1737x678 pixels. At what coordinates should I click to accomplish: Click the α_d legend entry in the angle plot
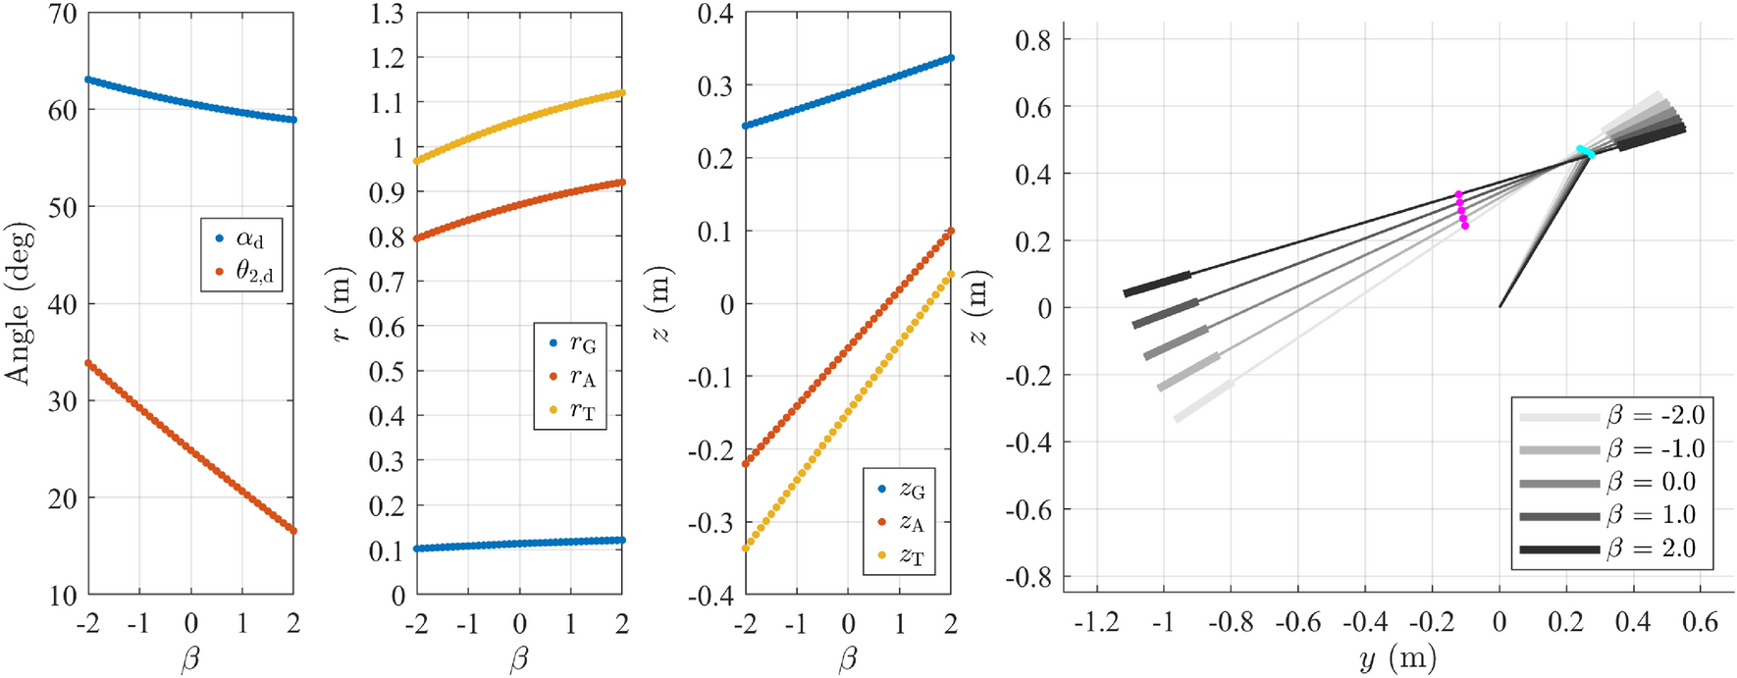[x=241, y=238]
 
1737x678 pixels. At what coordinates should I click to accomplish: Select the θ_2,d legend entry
[x=241, y=272]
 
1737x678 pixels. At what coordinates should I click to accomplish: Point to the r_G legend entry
[x=571, y=343]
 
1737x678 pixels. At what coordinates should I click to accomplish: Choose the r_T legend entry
[x=571, y=410]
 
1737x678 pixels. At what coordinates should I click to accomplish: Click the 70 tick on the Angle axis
[x=63, y=14]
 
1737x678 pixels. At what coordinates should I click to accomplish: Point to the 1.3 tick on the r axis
[x=387, y=14]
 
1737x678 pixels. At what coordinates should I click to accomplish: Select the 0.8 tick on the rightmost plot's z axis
[x=1032, y=40]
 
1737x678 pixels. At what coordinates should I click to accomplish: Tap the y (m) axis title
[x=1397, y=657]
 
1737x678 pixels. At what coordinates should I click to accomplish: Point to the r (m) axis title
[x=342, y=303]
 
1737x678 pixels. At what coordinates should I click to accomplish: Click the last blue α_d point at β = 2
[x=293, y=120]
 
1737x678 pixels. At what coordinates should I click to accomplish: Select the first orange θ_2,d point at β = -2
[x=88, y=363]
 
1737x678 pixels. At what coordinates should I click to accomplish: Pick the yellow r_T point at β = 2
[x=622, y=93]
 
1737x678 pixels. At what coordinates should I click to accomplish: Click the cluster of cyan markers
[x=1585, y=152]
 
